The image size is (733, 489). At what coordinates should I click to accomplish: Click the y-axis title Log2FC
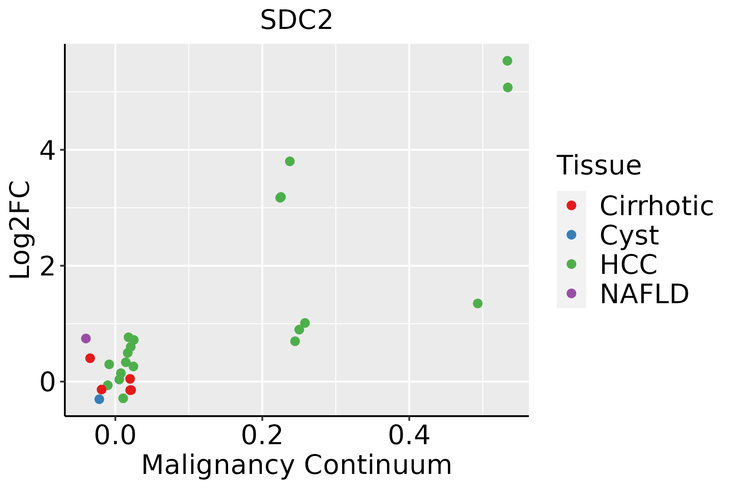(20, 230)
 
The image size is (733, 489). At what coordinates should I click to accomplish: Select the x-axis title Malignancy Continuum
(296, 465)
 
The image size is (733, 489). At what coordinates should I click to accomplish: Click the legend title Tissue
(599, 165)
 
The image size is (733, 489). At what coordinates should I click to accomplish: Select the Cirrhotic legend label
(656, 206)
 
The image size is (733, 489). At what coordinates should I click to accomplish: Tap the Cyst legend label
(629, 235)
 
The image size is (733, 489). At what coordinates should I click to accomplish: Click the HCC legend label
(629, 264)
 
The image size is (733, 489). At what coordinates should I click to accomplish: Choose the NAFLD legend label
(645, 294)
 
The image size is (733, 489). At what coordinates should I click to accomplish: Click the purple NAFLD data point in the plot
(86, 338)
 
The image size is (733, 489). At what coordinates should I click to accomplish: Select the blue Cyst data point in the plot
(99, 399)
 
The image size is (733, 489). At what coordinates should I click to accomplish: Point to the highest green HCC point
(507, 61)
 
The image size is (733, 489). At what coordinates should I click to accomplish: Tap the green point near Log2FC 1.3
(478, 303)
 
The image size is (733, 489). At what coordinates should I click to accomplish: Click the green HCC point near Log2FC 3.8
(290, 161)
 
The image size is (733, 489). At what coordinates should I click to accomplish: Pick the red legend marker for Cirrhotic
(571, 205)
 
